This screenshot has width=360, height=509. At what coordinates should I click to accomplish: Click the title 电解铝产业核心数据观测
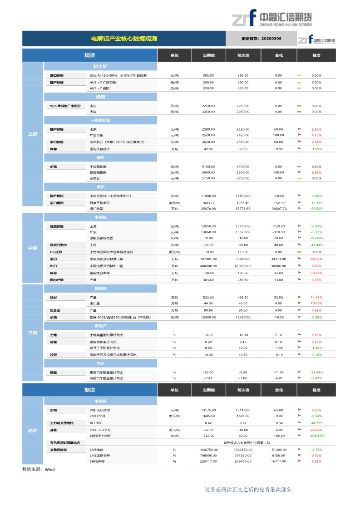point(124,39)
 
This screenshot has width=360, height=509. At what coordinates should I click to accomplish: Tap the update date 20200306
point(261,39)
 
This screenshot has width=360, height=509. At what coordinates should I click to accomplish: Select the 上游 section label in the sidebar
point(33,134)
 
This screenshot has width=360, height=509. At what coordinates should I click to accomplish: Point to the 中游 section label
point(33,248)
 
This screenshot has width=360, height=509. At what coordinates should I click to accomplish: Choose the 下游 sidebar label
point(33,333)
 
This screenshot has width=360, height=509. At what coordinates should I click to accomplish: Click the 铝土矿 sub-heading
point(100,66)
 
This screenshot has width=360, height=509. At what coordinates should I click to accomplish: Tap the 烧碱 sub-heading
point(100,97)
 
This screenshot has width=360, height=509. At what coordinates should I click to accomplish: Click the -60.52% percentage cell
point(316,209)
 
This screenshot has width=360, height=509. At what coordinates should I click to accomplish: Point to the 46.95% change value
point(316,259)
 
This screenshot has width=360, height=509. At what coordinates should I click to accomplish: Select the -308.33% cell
point(316,436)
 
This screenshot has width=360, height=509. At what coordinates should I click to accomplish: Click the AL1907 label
point(96,423)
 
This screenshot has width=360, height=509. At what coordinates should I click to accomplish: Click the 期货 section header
point(89,390)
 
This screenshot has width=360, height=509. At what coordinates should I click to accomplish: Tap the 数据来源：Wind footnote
point(39,470)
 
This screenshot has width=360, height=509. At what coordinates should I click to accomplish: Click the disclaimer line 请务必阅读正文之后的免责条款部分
point(248,489)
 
